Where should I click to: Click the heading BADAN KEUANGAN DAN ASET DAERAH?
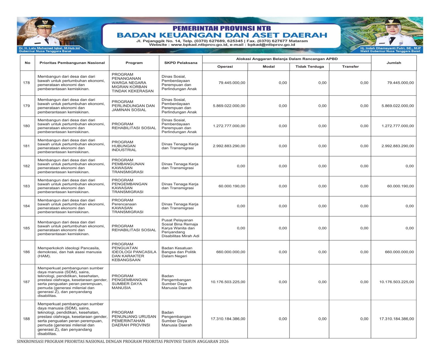[x=222, y=35]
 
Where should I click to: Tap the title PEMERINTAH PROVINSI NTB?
[x=222, y=28]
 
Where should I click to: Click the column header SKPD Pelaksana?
[x=181, y=63]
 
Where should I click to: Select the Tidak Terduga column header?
[x=309, y=67]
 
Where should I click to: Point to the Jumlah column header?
[x=394, y=63]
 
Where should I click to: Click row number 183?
[x=26, y=186]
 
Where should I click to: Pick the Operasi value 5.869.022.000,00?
[x=229, y=106]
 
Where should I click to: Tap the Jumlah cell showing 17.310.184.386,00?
[x=396, y=319]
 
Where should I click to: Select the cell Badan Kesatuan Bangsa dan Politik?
[x=179, y=252]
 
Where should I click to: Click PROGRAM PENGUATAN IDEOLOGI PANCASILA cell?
[x=134, y=252]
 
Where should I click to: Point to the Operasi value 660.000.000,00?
[x=230, y=252]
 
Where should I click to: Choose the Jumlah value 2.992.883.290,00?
[x=397, y=146]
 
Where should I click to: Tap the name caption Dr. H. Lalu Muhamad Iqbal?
[x=49, y=48]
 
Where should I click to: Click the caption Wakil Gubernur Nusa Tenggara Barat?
[x=390, y=51]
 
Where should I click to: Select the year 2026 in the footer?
[x=224, y=342]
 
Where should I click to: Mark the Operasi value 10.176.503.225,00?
[x=228, y=282]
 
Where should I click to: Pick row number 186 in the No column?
[x=26, y=252]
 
